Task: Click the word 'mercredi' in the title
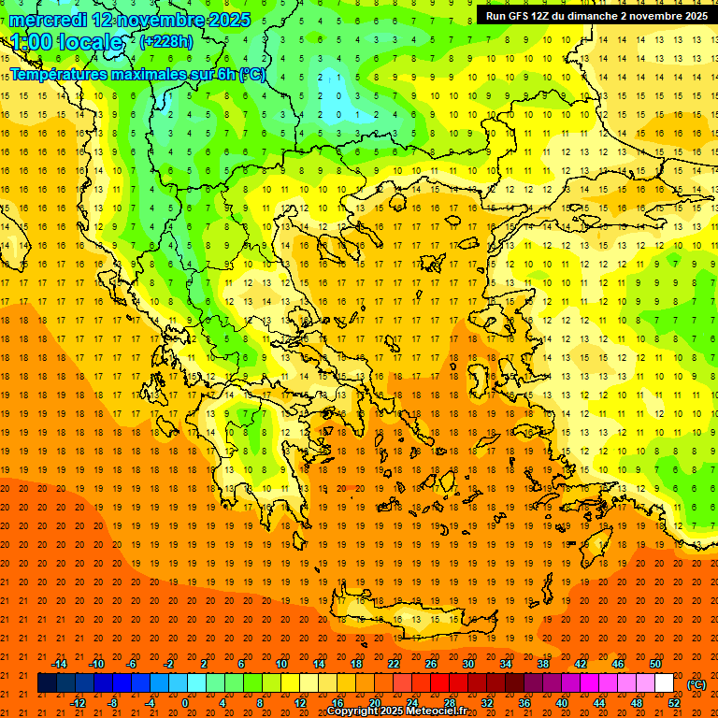[49, 20]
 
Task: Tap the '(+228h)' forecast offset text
[168, 42]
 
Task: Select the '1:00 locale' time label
[66, 42]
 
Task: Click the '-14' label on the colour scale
[59, 664]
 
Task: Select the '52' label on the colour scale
[674, 703]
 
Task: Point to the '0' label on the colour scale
[184, 703]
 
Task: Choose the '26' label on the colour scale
[431, 664]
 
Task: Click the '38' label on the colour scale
[543, 664]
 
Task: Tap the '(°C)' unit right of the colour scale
[696, 684]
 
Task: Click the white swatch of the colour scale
[664, 683]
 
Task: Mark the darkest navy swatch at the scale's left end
[47, 683]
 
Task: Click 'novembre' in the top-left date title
[164, 20]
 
